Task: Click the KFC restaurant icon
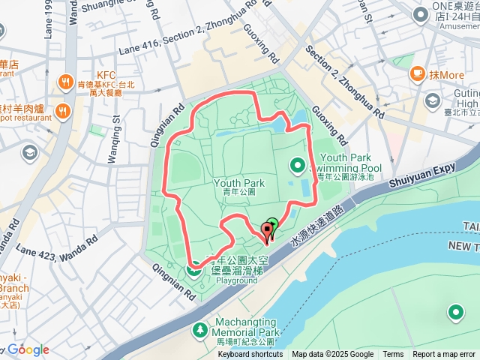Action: [x=67, y=82]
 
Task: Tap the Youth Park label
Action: [x=239, y=183]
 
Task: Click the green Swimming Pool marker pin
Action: [x=297, y=165]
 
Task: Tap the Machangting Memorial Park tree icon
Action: [x=199, y=330]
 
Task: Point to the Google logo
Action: [x=28, y=350]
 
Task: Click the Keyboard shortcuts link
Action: [x=250, y=355]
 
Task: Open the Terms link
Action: [x=393, y=355]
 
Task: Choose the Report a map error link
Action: [x=444, y=355]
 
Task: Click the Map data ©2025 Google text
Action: [x=332, y=355]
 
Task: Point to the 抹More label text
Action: [x=447, y=75]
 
